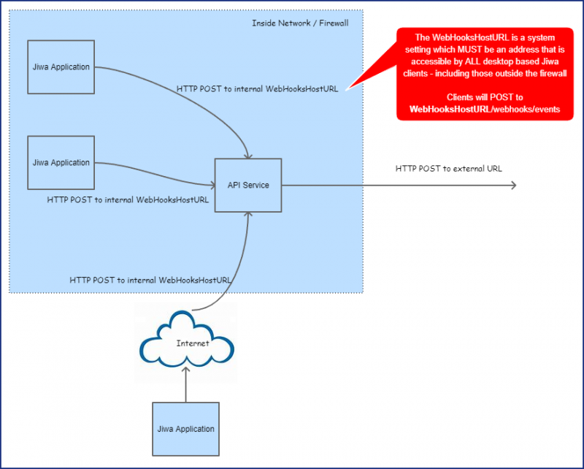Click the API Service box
[x=247, y=185]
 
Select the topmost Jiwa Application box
[x=61, y=67]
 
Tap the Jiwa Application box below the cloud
[x=186, y=429]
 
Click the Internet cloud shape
[x=186, y=340]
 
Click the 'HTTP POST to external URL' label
[x=449, y=169]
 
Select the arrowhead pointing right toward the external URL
[x=513, y=185]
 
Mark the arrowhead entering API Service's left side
[x=210, y=186]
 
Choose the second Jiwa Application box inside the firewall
[x=61, y=162]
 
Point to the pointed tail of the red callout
[x=349, y=88]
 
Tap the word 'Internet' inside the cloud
[x=193, y=343]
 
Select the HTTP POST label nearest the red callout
[x=257, y=89]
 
